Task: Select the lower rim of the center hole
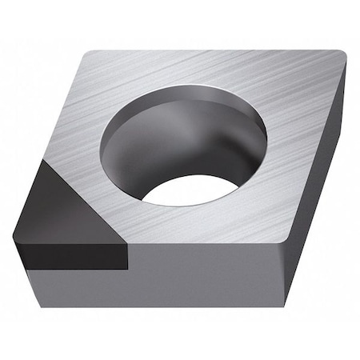coord(192,206)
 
